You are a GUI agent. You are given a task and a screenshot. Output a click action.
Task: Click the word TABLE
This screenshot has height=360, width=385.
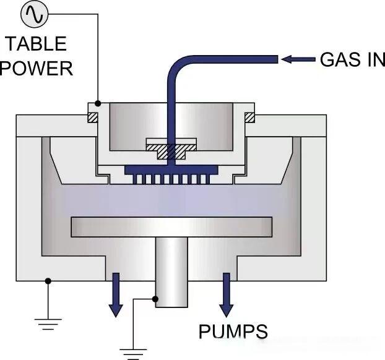pyautogui.click(x=35, y=44)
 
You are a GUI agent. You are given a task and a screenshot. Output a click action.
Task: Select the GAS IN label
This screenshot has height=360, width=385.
pyautogui.click(x=352, y=59)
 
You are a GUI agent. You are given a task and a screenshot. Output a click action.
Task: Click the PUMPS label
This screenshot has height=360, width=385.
pyautogui.click(x=233, y=331)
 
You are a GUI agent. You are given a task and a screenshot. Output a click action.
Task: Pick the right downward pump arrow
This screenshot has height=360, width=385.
pyautogui.click(x=227, y=294)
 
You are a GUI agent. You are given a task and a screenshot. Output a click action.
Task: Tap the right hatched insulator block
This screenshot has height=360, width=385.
pyautogui.click(x=250, y=117)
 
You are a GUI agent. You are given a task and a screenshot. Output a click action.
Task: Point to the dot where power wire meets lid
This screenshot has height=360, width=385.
pyautogui.click(x=98, y=104)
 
